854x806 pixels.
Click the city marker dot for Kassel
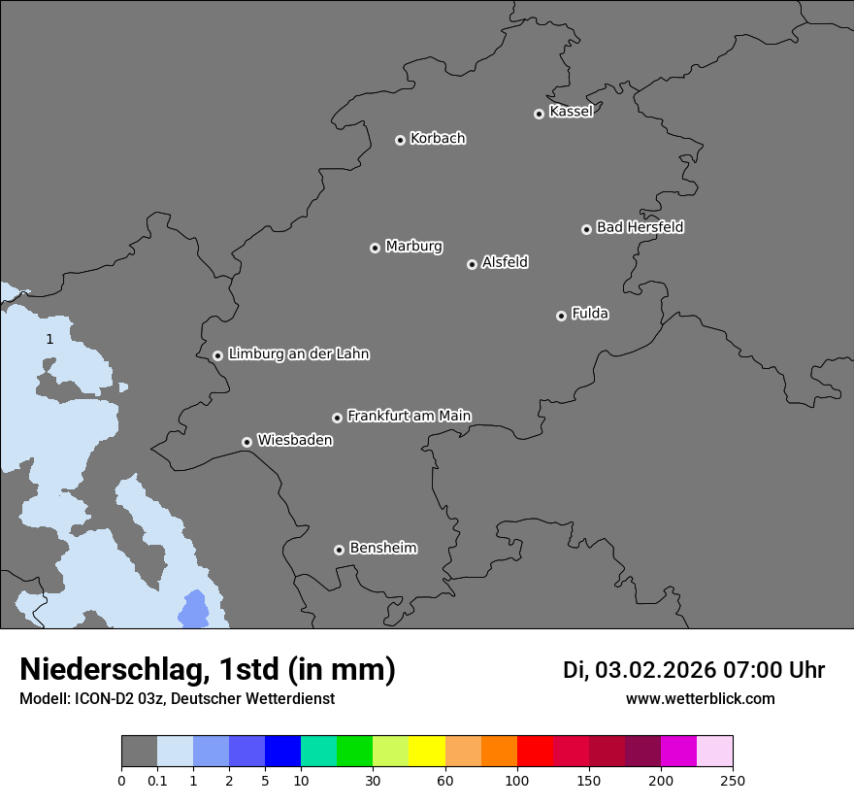539,114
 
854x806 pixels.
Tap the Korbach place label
438,138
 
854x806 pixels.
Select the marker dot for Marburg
375,248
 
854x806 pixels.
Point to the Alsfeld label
505,262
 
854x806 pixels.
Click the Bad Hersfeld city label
640,227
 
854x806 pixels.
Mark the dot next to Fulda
561,316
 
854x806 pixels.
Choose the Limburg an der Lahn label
298,353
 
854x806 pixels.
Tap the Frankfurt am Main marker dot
337,418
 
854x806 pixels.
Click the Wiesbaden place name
294,440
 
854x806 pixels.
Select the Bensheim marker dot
339,550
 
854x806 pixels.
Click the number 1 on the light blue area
49,339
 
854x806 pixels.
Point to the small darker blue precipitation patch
194,609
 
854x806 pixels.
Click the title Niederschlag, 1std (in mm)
208,670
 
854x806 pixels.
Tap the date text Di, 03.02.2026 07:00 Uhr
694,670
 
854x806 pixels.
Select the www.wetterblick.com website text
700,698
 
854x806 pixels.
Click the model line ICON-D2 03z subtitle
177,698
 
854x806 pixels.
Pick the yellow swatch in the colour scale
427,752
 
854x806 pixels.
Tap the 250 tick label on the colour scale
733,780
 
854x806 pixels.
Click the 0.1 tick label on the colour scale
157,780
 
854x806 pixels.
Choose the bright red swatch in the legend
535,752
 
